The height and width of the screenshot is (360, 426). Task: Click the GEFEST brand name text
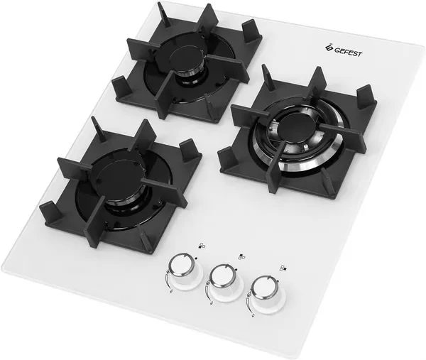tap(348, 52)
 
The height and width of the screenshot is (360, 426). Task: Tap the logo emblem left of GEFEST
tap(329, 47)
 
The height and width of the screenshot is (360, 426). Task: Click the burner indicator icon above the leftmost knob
tap(202, 246)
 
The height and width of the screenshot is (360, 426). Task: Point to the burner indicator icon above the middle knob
tap(241, 256)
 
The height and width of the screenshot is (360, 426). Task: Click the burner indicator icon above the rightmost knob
tap(283, 268)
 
